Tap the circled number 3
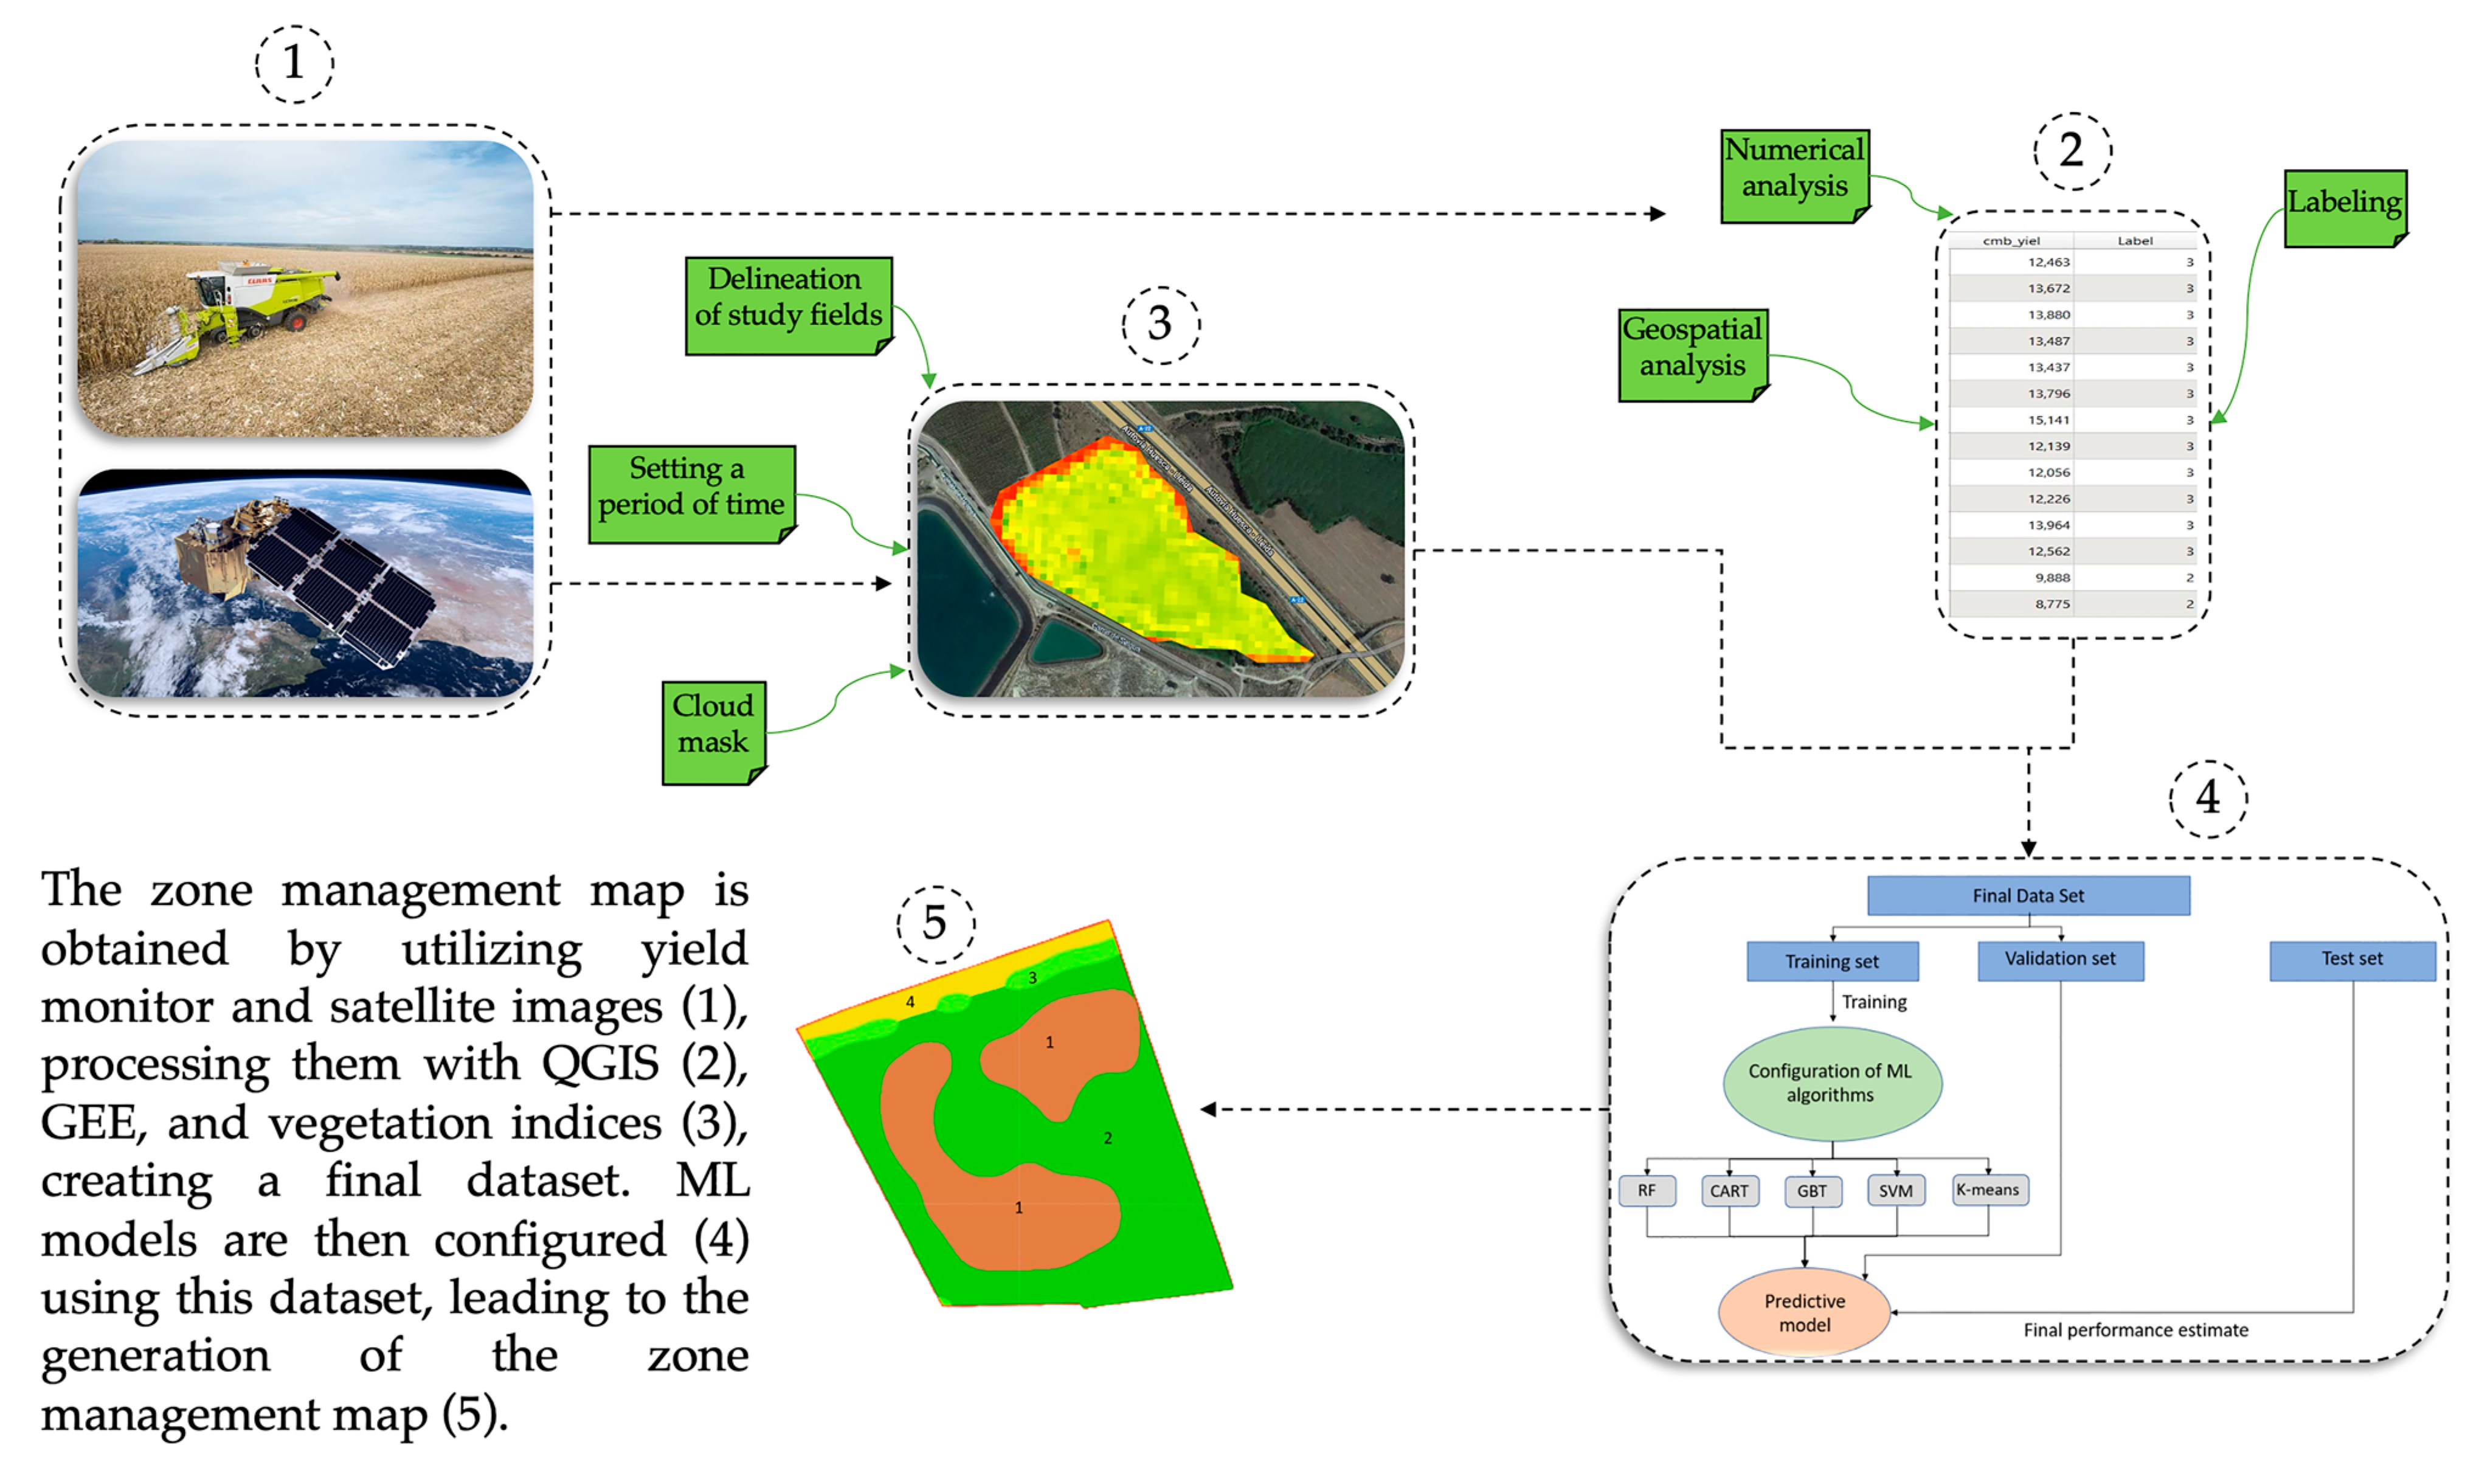[x=1161, y=325]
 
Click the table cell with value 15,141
[x=2048, y=420]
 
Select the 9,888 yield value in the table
[x=2052, y=578]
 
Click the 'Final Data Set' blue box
[x=2027, y=895]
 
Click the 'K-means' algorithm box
[x=1988, y=1190]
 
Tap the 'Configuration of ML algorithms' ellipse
[x=1831, y=1083]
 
